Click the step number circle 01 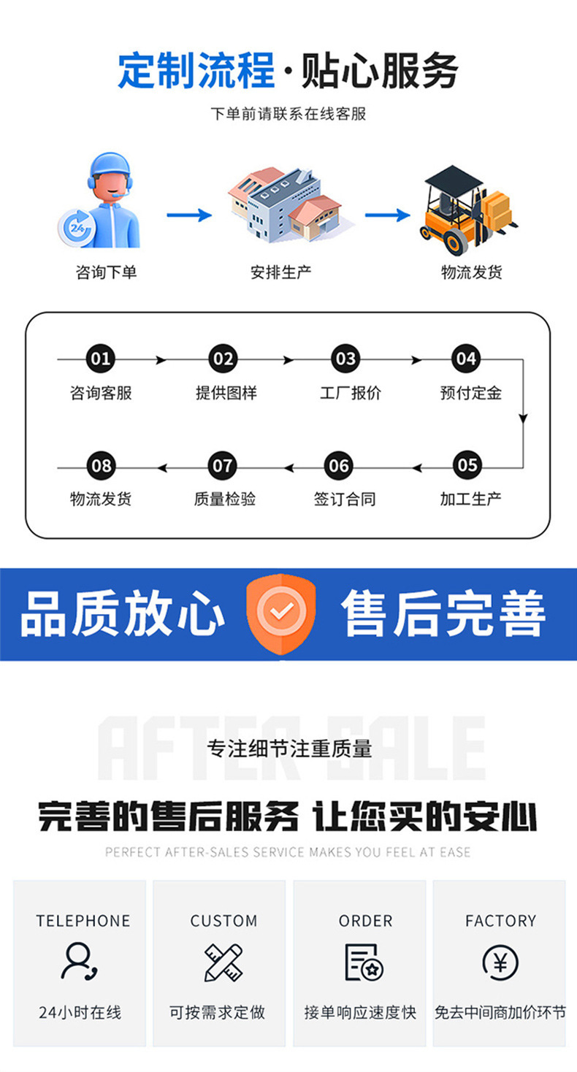[101, 359]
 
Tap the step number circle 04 [465, 359]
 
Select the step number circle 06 [340, 466]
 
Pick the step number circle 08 [101, 466]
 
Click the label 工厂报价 [350, 393]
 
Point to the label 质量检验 [224, 499]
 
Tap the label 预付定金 [470, 393]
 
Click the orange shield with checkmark [282, 612]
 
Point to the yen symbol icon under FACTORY [500, 962]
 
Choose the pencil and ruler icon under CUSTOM [223, 962]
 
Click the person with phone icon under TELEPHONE [80, 962]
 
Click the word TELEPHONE [83, 921]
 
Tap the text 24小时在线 [80, 1013]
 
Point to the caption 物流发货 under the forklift [472, 272]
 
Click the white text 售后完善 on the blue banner [443, 614]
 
